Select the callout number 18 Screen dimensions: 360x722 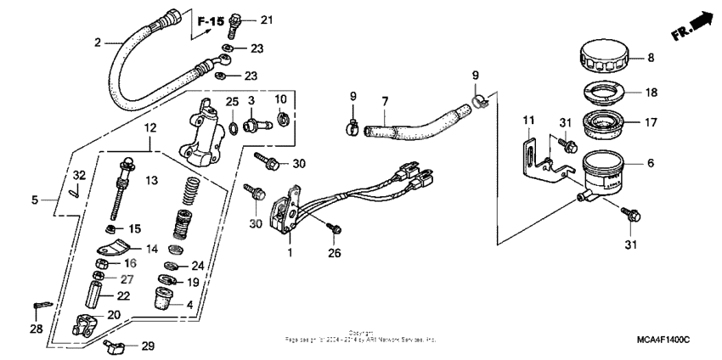coord(651,93)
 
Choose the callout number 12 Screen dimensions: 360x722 coord(150,127)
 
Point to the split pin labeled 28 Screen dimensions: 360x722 coord(43,305)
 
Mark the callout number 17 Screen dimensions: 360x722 coord(651,122)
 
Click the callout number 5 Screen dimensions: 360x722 coord(36,201)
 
